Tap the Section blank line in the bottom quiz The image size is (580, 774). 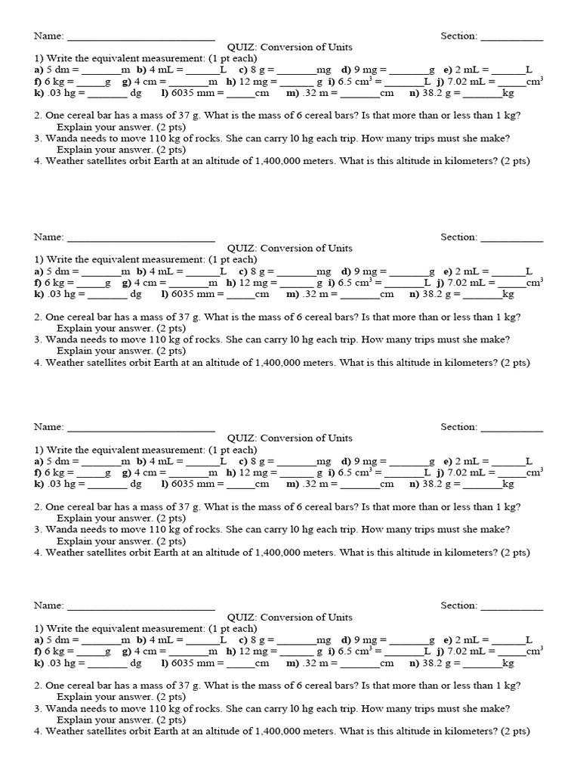click(x=511, y=607)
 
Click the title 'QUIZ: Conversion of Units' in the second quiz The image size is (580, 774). click(x=290, y=248)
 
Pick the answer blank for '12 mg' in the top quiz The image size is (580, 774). click(x=296, y=82)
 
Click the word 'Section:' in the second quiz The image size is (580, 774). click(x=459, y=237)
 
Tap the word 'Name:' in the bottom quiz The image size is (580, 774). click(x=48, y=606)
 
